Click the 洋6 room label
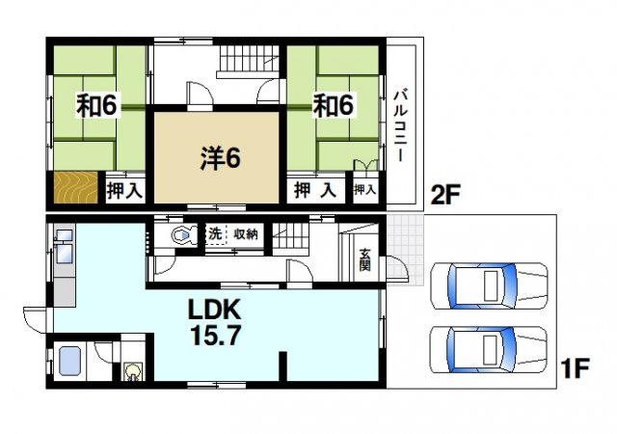220,158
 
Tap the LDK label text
214,311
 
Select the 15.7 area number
215,336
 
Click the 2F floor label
445,195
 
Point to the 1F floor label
575,368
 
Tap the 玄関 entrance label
364,259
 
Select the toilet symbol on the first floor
184,235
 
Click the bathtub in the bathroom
70,362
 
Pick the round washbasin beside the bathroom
132,371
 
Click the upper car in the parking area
489,285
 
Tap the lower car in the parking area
488,350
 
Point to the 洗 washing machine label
215,234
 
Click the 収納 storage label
246,234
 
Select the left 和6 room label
96,105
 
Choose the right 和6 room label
334,105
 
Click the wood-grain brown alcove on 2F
75,187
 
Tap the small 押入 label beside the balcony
364,190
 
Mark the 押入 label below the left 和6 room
124,191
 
